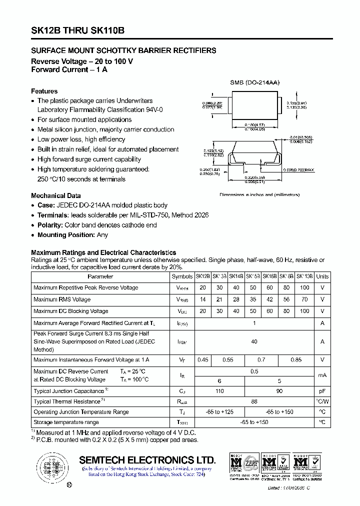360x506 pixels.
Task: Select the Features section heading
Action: (44, 91)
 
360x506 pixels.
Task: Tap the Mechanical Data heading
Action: (56, 196)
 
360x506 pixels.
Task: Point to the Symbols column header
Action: (182, 276)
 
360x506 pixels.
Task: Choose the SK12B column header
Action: (202, 276)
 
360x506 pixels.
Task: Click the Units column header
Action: (322, 276)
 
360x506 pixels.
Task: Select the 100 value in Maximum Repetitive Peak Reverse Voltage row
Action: (304, 288)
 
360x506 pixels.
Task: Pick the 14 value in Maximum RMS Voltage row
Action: (202, 299)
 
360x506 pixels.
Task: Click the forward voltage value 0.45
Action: (202, 360)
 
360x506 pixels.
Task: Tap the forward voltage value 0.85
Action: (296, 360)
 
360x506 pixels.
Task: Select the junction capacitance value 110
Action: (219, 390)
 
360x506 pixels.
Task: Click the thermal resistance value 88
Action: (254, 401)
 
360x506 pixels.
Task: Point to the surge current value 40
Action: (254, 341)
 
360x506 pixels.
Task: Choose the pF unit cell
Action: (322, 390)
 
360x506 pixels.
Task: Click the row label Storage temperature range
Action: (66, 423)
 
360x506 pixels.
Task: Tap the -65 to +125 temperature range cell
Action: (219, 412)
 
